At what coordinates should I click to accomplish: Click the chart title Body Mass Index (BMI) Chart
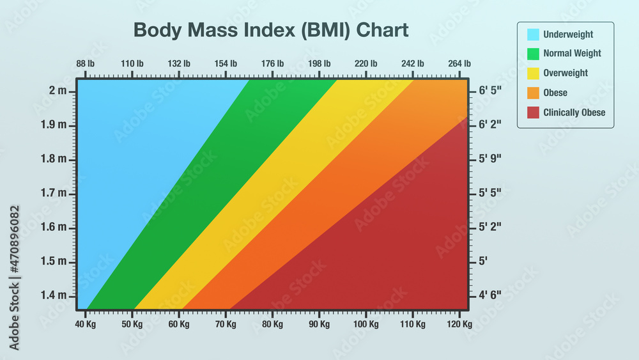[x=271, y=30]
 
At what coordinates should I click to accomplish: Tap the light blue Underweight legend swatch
[x=533, y=35]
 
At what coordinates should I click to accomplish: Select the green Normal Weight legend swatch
[x=533, y=54]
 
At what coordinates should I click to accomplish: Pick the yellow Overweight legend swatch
[x=533, y=73]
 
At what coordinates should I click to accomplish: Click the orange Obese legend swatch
[x=533, y=93]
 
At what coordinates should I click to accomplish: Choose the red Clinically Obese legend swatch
[x=533, y=113]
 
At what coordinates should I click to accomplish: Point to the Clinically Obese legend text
[x=574, y=113]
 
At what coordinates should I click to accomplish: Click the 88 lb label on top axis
[x=85, y=63]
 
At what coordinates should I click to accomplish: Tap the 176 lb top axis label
[x=272, y=63]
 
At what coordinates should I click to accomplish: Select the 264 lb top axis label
[x=459, y=63]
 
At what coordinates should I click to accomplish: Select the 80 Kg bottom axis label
[x=272, y=324]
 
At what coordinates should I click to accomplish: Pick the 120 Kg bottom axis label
[x=459, y=324]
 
